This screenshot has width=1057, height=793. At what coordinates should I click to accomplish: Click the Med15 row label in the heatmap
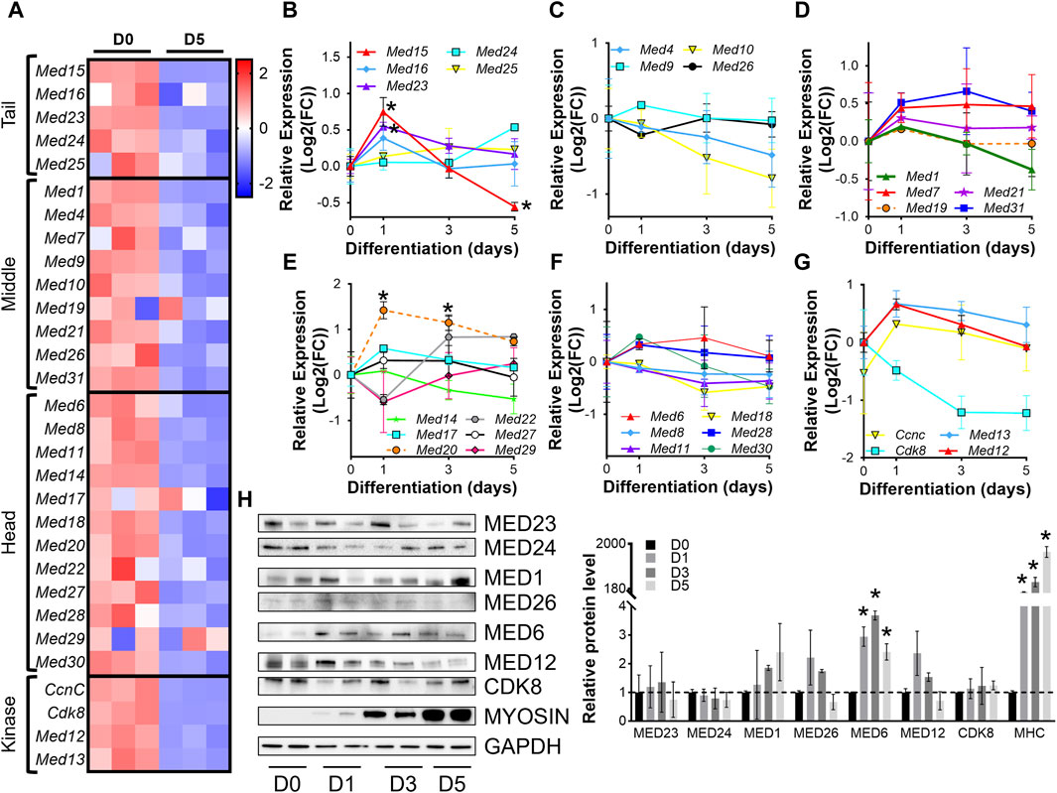(59, 71)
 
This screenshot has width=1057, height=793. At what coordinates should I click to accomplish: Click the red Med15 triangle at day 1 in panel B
(380, 112)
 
